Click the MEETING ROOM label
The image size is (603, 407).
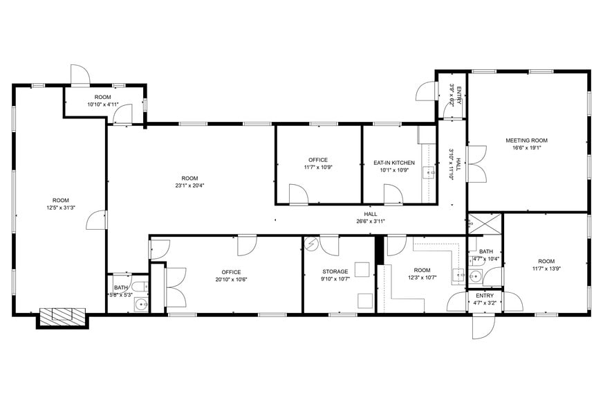point(526,141)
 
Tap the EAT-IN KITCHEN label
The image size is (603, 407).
point(394,163)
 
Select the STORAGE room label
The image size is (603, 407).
point(335,271)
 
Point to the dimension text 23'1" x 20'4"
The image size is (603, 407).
point(189,186)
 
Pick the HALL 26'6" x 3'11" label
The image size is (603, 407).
point(371,217)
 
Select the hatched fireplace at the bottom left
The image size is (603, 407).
point(62,317)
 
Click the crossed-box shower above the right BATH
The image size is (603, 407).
point(485,224)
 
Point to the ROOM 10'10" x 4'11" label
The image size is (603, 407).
point(103,100)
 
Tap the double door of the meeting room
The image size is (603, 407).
point(476,165)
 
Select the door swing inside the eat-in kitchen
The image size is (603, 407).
point(393,195)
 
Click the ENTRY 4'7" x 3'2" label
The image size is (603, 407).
point(485,299)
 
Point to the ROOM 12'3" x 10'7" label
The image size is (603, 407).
point(422,274)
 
